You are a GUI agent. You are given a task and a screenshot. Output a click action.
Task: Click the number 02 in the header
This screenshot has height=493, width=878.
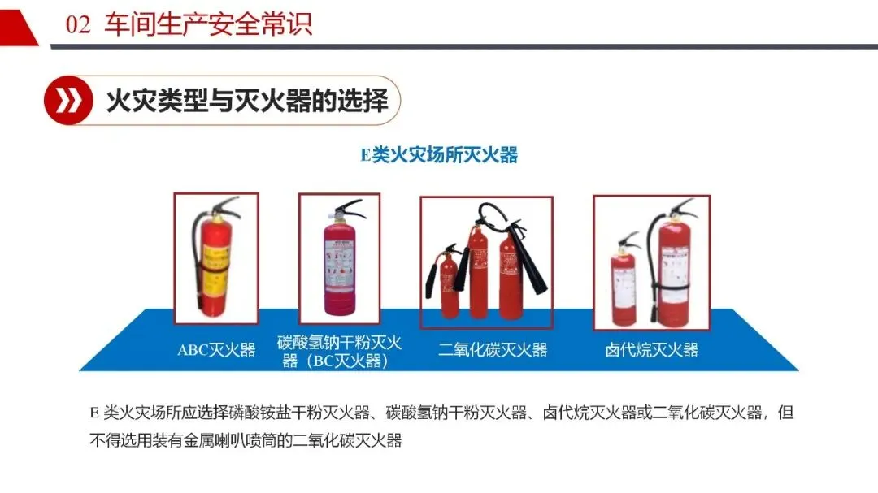click(x=78, y=24)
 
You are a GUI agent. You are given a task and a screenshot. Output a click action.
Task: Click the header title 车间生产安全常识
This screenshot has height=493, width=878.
click(x=208, y=24)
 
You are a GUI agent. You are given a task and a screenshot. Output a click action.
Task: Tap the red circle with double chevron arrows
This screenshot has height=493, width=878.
click(x=68, y=100)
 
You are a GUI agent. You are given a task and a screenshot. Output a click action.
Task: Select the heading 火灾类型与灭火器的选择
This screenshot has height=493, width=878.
click(x=247, y=101)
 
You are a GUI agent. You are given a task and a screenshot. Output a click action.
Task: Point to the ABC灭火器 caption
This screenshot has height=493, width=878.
click(x=216, y=350)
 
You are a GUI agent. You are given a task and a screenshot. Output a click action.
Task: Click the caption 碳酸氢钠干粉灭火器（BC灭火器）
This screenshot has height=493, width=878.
click(x=339, y=352)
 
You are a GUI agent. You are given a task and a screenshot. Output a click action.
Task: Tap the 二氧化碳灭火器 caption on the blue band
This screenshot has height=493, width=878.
click(x=493, y=350)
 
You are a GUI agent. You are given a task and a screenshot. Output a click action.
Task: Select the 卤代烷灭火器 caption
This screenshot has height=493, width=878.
click(x=652, y=350)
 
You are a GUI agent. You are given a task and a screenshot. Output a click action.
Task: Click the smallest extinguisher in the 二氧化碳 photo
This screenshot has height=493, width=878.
click(x=447, y=283)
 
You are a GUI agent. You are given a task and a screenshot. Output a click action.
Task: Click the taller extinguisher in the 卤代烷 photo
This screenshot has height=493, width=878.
click(x=672, y=264)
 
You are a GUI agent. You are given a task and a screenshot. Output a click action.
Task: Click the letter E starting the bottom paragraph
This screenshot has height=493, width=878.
click(x=94, y=413)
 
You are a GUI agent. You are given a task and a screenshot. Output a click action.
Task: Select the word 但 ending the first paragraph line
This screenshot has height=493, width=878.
click(x=785, y=413)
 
